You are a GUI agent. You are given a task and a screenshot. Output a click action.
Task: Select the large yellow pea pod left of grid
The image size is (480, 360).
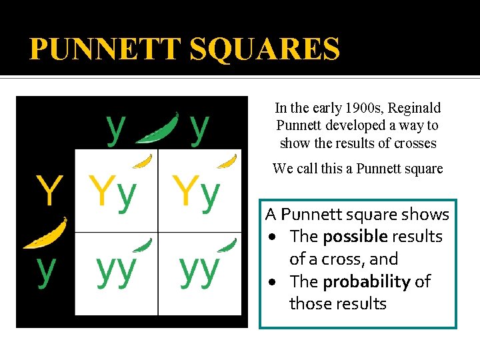pos(46,233)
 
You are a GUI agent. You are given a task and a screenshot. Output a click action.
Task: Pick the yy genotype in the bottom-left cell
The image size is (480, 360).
pos(116,270)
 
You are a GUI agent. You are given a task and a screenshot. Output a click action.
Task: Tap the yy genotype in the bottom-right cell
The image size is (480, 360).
pos(199,270)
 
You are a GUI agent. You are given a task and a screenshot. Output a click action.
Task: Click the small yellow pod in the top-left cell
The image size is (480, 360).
pos(142,161)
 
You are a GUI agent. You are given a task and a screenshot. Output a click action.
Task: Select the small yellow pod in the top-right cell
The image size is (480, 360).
pos(227,161)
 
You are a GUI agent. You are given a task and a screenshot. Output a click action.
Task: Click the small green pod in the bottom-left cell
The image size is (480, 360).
pos(143,245)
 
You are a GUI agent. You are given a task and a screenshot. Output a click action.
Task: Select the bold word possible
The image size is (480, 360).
pos(355,237)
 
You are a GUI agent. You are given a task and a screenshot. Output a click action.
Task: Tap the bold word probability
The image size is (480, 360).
pos(366,281)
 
